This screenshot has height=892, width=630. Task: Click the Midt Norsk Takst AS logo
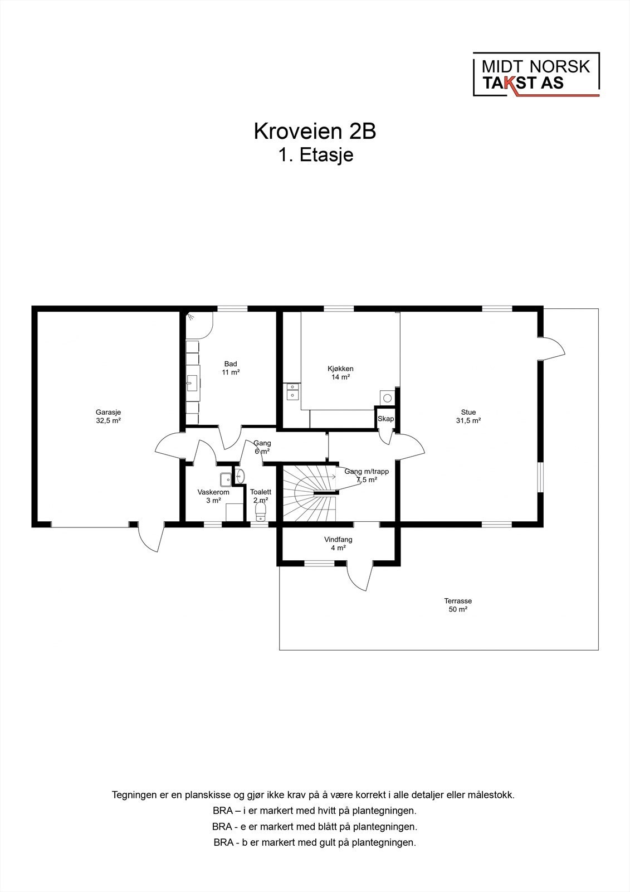(x=536, y=75)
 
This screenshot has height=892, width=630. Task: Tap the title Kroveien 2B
(x=315, y=131)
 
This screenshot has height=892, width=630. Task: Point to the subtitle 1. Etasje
(x=315, y=154)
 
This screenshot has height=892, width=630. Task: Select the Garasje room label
(x=108, y=416)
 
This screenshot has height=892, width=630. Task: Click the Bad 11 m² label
(x=231, y=368)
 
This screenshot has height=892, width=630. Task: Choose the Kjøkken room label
(x=340, y=373)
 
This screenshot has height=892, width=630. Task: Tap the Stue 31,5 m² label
(x=468, y=416)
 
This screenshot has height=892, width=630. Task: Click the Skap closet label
(x=385, y=419)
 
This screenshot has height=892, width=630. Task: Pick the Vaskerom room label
(x=213, y=496)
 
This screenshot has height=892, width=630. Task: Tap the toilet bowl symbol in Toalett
(x=260, y=512)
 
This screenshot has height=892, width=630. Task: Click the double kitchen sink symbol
(x=292, y=391)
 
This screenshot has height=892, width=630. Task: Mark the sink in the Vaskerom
(x=225, y=479)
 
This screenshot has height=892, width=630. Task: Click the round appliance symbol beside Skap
(x=387, y=397)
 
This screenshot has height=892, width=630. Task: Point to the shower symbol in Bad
(x=191, y=317)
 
